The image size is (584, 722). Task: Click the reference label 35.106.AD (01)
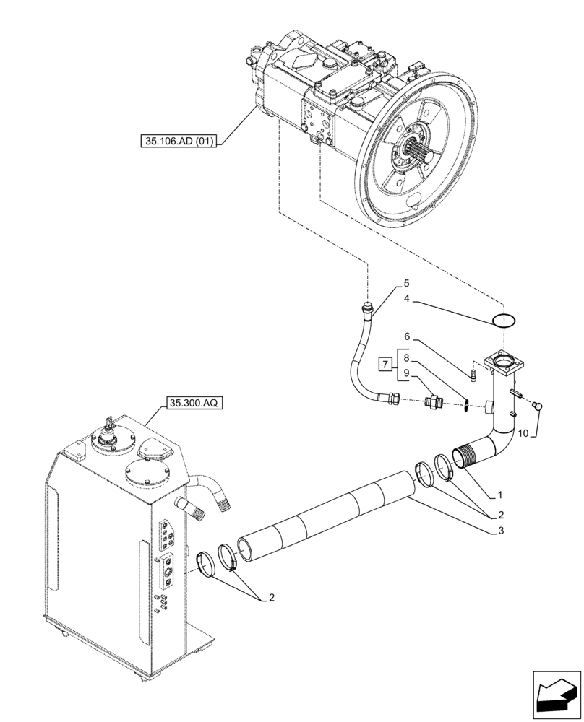tap(179, 141)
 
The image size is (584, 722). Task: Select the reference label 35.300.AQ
tap(194, 404)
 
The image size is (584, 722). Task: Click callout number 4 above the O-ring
tap(406, 299)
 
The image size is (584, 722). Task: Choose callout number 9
tap(406, 374)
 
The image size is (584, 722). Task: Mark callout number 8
tap(406, 358)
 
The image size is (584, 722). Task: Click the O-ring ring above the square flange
tap(503, 319)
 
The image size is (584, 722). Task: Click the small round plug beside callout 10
tap(537, 407)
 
